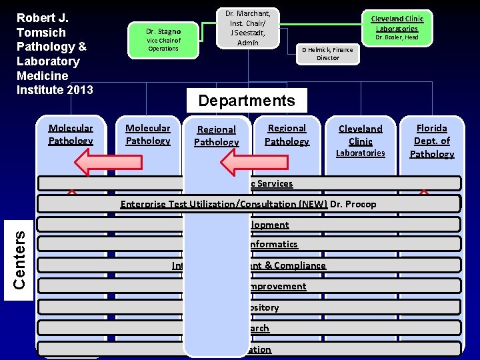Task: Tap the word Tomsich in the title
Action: coord(41,33)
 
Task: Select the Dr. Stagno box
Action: coord(163,39)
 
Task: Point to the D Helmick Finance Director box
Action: coord(327,53)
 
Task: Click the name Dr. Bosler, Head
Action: coord(397,37)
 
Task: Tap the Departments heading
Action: coord(247,101)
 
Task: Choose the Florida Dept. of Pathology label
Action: coord(431,141)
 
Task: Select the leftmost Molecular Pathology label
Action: coord(71,134)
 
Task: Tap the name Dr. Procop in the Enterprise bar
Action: coord(353,204)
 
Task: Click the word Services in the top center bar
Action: coord(275,183)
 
